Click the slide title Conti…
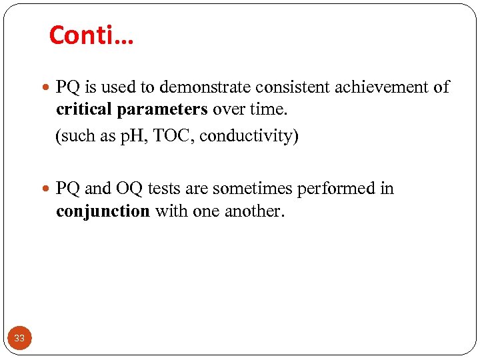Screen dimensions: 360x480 click(x=91, y=35)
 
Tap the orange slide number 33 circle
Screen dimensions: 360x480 click(x=19, y=338)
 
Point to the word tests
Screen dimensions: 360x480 click(x=165, y=189)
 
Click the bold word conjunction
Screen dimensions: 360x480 click(x=103, y=212)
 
